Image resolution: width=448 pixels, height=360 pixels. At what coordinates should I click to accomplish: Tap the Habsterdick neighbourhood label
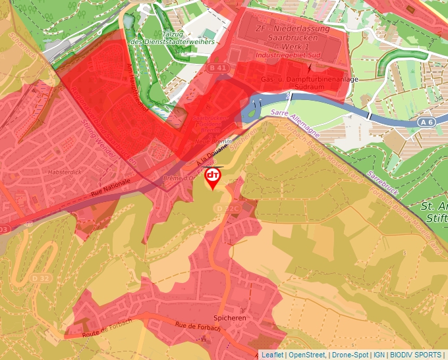click(x=63, y=172)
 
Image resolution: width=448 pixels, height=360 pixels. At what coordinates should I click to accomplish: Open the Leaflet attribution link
click(x=272, y=355)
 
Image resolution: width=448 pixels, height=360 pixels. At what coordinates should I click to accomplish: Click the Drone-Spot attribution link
click(x=350, y=355)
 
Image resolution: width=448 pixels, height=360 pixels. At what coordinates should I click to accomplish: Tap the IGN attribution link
click(x=380, y=355)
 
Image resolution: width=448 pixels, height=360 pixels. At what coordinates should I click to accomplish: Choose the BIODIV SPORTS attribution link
click(x=416, y=355)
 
